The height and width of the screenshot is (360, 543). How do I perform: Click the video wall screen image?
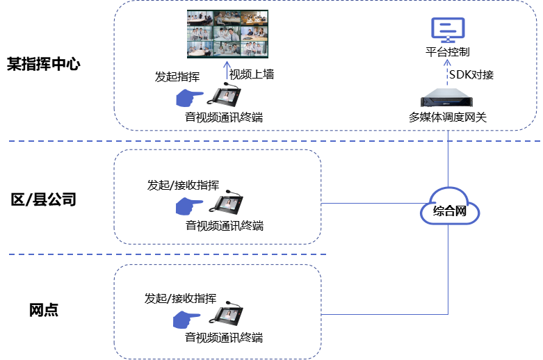click(227, 34)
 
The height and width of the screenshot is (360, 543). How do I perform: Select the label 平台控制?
click(448, 52)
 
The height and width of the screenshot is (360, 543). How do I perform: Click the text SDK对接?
click(471, 74)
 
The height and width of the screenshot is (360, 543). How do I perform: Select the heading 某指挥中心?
click(44, 65)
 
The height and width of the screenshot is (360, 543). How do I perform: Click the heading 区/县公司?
click(44, 200)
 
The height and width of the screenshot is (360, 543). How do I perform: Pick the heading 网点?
click(44, 310)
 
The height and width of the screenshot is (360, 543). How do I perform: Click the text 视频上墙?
click(252, 74)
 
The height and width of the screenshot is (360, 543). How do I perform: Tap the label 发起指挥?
click(178, 76)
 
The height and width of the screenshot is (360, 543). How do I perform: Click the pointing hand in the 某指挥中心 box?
click(188, 98)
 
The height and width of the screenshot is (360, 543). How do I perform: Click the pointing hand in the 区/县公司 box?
click(188, 206)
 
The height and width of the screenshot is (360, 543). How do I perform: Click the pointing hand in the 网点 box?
click(186, 319)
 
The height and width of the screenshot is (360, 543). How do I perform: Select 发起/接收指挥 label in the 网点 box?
click(180, 298)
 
